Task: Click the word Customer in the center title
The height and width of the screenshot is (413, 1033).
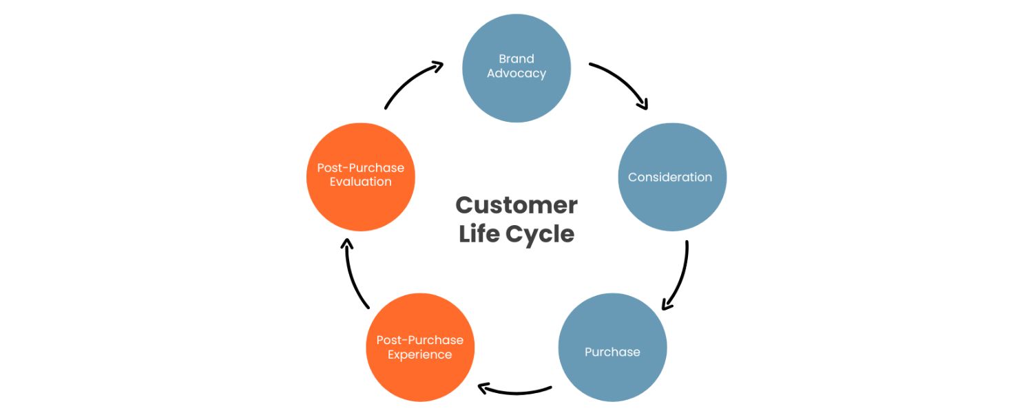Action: tap(516, 205)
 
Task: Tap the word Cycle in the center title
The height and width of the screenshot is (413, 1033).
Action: tap(540, 234)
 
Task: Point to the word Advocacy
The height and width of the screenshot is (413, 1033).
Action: tap(516, 74)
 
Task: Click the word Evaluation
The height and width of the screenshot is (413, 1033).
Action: tap(360, 182)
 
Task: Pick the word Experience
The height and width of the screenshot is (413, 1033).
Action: tap(420, 355)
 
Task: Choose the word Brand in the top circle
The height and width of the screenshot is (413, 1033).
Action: tap(516, 59)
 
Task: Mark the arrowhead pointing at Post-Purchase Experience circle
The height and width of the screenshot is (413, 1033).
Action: tap(484, 389)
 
